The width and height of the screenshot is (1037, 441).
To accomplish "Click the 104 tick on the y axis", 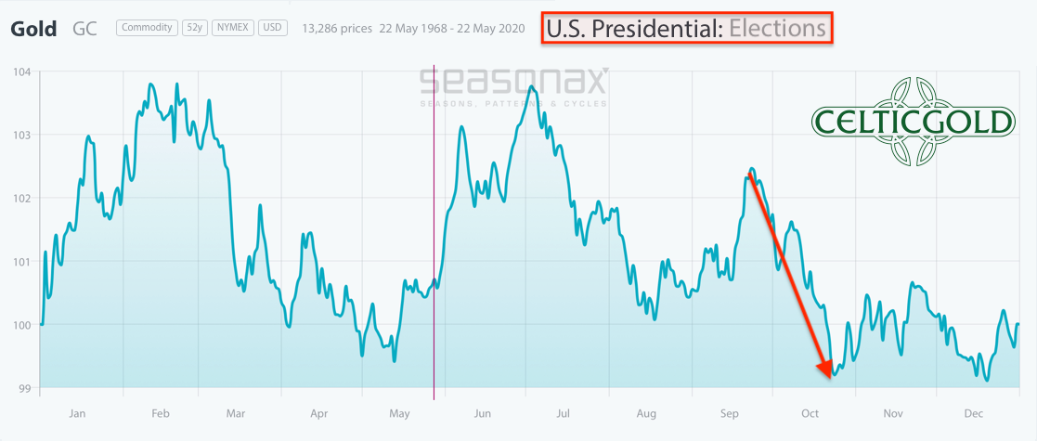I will point(21,71).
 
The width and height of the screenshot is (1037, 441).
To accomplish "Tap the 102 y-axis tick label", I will point(21,198).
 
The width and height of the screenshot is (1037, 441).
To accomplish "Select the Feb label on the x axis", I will point(159,413).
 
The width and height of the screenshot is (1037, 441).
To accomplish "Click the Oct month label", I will point(810,413).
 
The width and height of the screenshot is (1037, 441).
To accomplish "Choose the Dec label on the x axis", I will point(972,413).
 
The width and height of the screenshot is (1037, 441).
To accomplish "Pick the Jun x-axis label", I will point(483,413).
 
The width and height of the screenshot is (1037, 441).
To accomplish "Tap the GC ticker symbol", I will point(84,28).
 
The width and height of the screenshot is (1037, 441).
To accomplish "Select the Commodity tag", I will point(147,28).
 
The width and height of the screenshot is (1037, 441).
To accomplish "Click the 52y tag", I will point(195,28).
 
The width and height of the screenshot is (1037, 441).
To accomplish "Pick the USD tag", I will point(271,28).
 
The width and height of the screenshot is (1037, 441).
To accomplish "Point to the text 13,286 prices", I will point(336,29).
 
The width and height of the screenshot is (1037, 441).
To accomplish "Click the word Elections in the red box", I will point(777,28).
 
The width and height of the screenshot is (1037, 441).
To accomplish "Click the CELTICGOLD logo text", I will point(913,122).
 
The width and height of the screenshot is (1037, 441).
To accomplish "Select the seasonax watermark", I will point(513,83).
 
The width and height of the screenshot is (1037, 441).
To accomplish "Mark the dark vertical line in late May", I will point(434,232).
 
